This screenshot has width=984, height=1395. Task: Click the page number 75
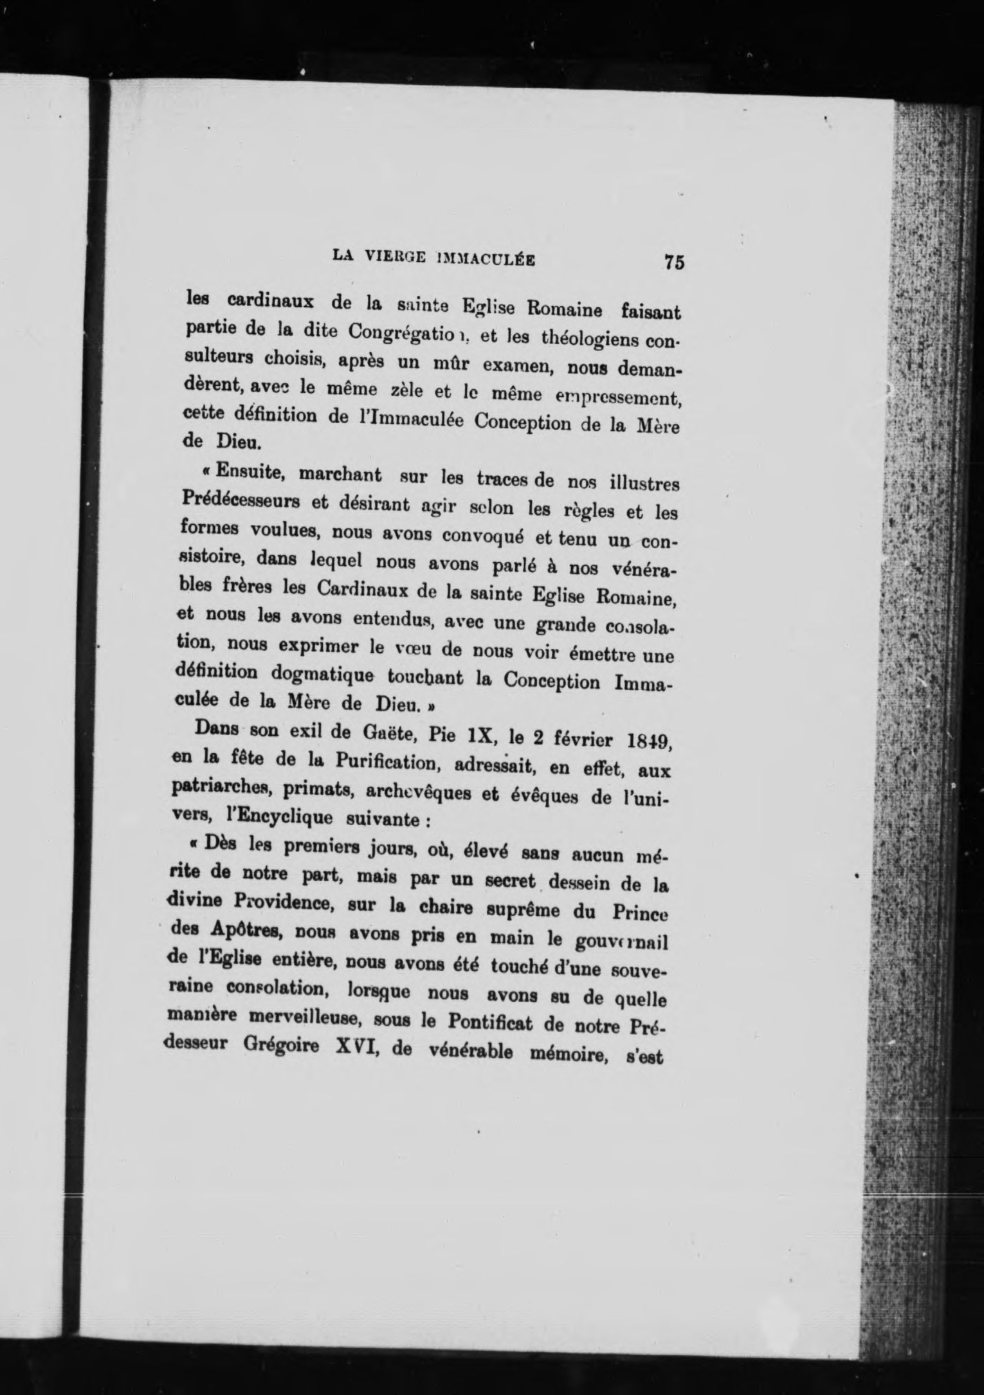673,262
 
